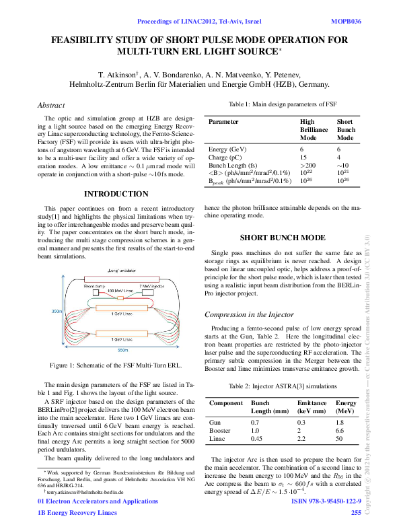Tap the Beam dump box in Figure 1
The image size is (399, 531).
94,286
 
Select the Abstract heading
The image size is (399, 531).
51,105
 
